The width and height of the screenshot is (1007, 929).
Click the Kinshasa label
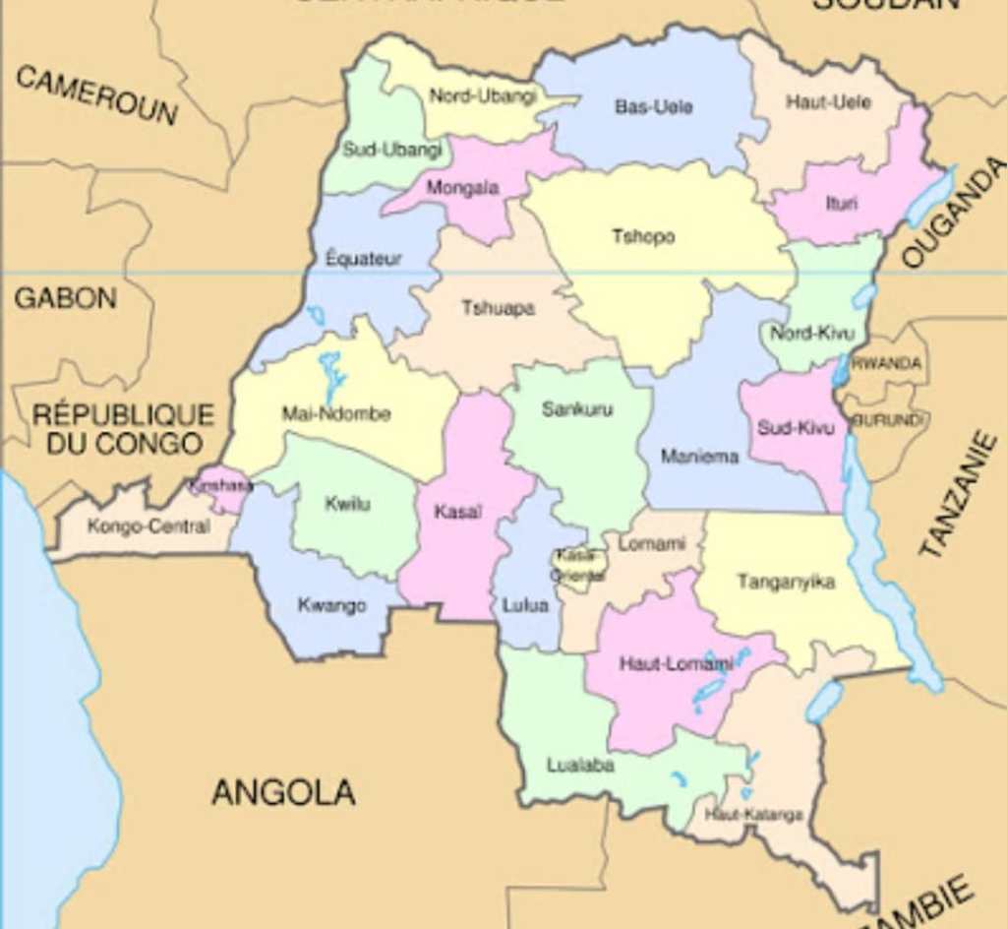pyautogui.click(x=221, y=485)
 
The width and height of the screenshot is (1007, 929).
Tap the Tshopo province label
pyautogui.click(x=644, y=237)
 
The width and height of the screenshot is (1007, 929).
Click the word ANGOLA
pyautogui.click(x=283, y=792)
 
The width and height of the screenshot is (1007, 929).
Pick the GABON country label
pyautogui.click(x=65, y=298)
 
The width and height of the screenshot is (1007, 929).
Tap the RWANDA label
pyautogui.click(x=887, y=363)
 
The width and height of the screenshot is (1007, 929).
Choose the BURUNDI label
pyautogui.click(x=888, y=420)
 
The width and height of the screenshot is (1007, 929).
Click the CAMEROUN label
pyautogui.click(x=96, y=95)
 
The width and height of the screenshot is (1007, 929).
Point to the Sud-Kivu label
pyautogui.click(x=796, y=428)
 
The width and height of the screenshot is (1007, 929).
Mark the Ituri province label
pyautogui.click(x=842, y=204)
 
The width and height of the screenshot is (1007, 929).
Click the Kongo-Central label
pyautogui.click(x=148, y=526)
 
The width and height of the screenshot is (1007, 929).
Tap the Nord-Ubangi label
pyautogui.click(x=483, y=96)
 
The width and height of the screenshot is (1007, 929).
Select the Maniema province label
pyautogui.click(x=699, y=457)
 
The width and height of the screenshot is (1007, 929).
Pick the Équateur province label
pyautogui.click(x=364, y=259)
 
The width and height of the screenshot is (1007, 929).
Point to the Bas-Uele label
pyautogui.click(x=654, y=106)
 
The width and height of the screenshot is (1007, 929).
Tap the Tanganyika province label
pyautogui.click(x=786, y=582)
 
